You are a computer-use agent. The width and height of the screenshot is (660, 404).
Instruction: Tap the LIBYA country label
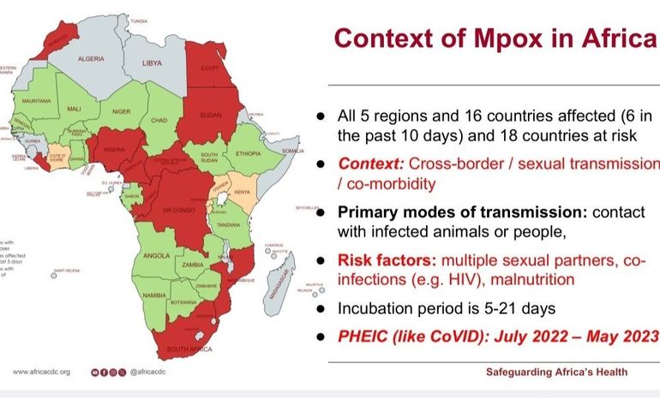pos(152,63)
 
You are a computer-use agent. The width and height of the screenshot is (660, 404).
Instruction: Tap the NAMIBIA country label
pos(153,294)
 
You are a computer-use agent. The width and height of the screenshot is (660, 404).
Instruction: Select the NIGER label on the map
pos(122,111)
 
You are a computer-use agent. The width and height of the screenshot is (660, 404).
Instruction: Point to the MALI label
pos(74,109)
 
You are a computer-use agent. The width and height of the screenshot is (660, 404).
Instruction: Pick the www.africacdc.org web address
pos(41,372)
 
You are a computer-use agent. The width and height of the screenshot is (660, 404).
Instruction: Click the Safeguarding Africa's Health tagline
pos(556,372)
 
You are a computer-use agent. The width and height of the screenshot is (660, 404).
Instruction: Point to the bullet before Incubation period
pos(320,306)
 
